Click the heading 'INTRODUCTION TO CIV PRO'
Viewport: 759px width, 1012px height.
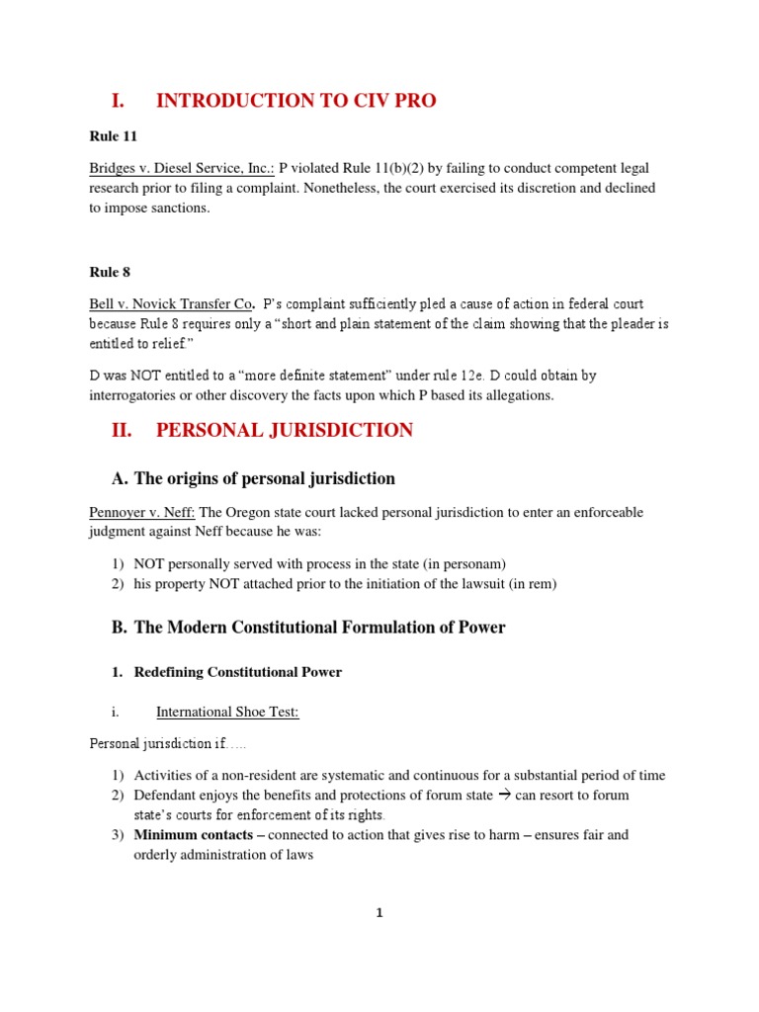(x=295, y=101)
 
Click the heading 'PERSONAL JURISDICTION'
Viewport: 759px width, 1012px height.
(x=285, y=430)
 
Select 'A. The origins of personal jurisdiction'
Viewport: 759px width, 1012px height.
(x=254, y=478)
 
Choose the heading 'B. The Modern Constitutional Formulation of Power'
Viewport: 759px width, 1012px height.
(x=308, y=628)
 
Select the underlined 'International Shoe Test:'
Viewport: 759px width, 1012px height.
(x=227, y=712)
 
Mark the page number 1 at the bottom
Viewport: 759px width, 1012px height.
(x=379, y=913)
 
